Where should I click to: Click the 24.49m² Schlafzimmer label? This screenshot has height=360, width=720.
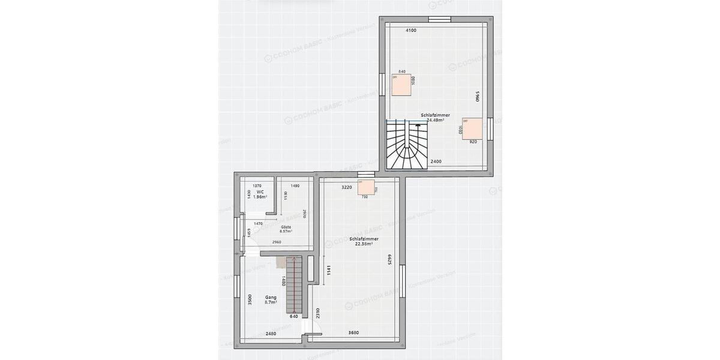point(435,117)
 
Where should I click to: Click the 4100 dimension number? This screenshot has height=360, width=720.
point(411,30)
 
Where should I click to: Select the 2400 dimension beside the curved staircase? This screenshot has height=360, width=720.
point(436,161)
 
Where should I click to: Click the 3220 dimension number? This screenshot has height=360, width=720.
point(346,187)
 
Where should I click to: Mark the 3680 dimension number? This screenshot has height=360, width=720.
point(356,333)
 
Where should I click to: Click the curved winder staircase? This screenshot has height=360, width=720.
point(408,146)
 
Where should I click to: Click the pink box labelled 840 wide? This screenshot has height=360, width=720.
point(401,85)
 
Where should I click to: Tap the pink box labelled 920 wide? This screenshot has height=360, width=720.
point(473,128)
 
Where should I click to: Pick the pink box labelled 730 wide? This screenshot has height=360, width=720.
point(366,187)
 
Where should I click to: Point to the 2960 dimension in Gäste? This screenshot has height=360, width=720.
point(276,242)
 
